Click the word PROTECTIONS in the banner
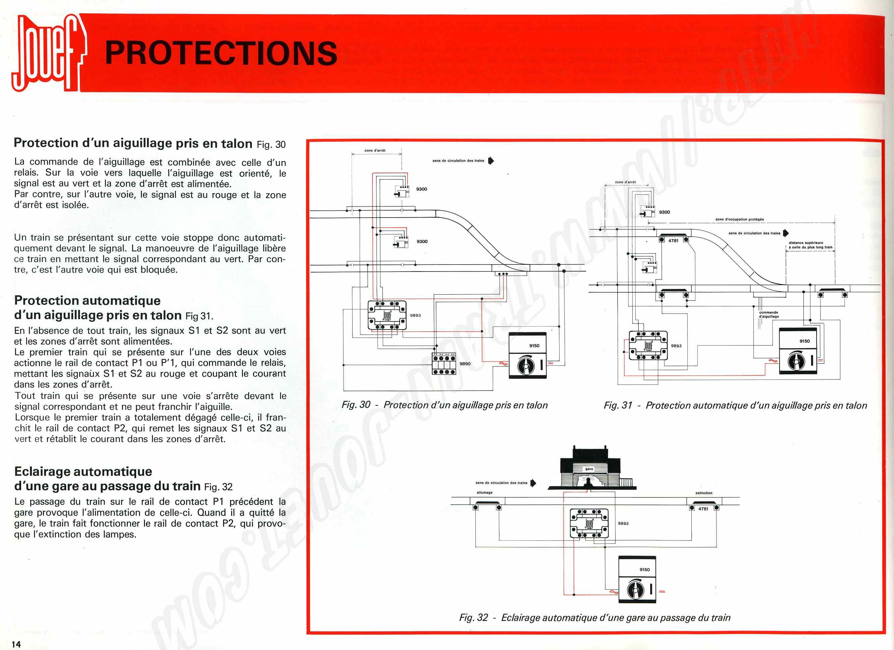coord(221,54)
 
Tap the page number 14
coord(16,644)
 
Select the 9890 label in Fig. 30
coord(465,364)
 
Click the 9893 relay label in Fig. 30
coord(415,315)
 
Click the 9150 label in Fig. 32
coord(644,570)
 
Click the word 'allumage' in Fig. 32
coord(484,492)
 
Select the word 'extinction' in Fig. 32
coord(703,493)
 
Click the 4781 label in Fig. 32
coord(703,509)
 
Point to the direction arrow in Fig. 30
coord(491,161)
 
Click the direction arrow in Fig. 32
coord(533,483)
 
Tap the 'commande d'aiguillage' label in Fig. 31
coord(769,314)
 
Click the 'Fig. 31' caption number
coord(618,405)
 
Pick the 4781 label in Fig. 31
coord(673,240)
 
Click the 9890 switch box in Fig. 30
coord(444,364)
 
